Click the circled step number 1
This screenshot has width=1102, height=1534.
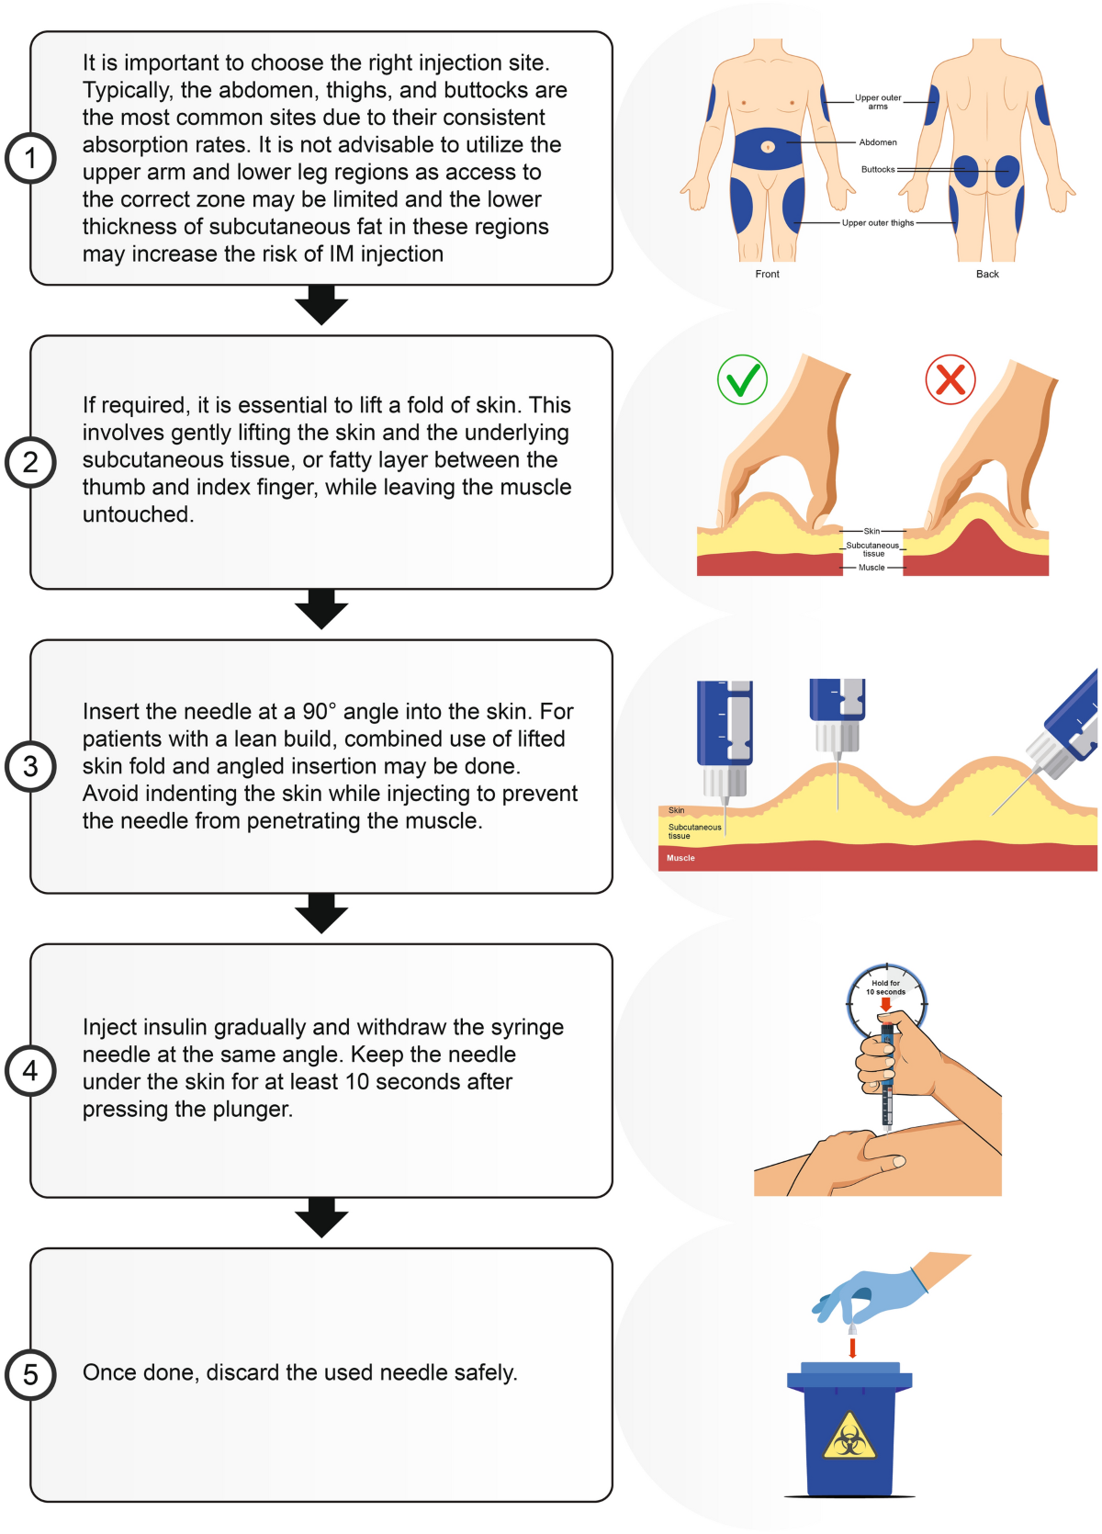click(x=30, y=158)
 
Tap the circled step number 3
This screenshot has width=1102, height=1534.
click(x=30, y=766)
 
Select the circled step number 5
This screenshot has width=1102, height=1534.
click(x=30, y=1374)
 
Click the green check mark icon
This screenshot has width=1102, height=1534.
click(x=742, y=379)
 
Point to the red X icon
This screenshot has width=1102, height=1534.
click(x=950, y=379)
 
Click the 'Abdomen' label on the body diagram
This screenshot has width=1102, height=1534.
click(x=878, y=142)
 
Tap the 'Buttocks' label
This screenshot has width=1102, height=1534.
click(x=878, y=169)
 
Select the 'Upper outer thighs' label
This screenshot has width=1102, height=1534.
click(x=878, y=222)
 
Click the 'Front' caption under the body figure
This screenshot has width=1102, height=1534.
click(x=767, y=274)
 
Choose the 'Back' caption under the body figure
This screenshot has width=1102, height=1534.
click(x=987, y=274)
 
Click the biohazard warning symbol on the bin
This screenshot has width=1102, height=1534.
click(x=849, y=1435)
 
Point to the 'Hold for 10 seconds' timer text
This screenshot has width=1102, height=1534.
click(x=885, y=987)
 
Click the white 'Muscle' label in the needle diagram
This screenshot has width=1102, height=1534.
click(x=680, y=858)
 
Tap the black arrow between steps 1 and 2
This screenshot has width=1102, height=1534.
click(x=321, y=305)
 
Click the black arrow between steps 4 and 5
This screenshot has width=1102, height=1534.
click(x=321, y=1218)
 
